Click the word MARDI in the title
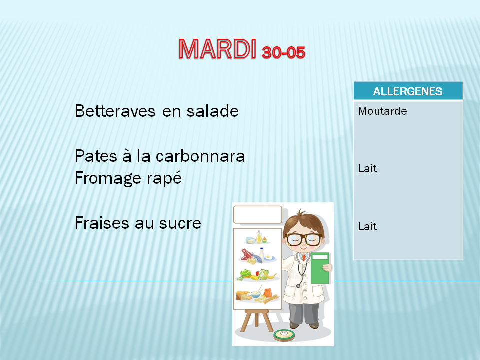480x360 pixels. pyautogui.click(x=217, y=49)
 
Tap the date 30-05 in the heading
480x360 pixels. pyautogui.click(x=284, y=52)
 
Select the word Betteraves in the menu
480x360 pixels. pyautogui.click(x=115, y=111)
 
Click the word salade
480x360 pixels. pyautogui.click(x=213, y=111)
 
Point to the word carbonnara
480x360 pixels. pyautogui.click(x=200, y=156)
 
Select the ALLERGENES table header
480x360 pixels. pyautogui.click(x=408, y=91)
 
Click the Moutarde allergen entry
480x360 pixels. pyautogui.click(x=382, y=111)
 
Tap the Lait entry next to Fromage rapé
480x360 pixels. pyautogui.click(x=367, y=168)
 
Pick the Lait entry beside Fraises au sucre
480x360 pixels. pyautogui.click(x=367, y=227)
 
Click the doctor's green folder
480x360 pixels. pyautogui.click(x=320, y=268)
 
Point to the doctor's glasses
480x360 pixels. pyautogui.click(x=303, y=239)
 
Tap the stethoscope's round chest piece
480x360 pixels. pyautogui.click(x=298, y=286)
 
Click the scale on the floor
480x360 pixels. pyautogui.click(x=284, y=335)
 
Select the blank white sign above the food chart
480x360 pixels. pyautogui.click(x=258, y=215)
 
